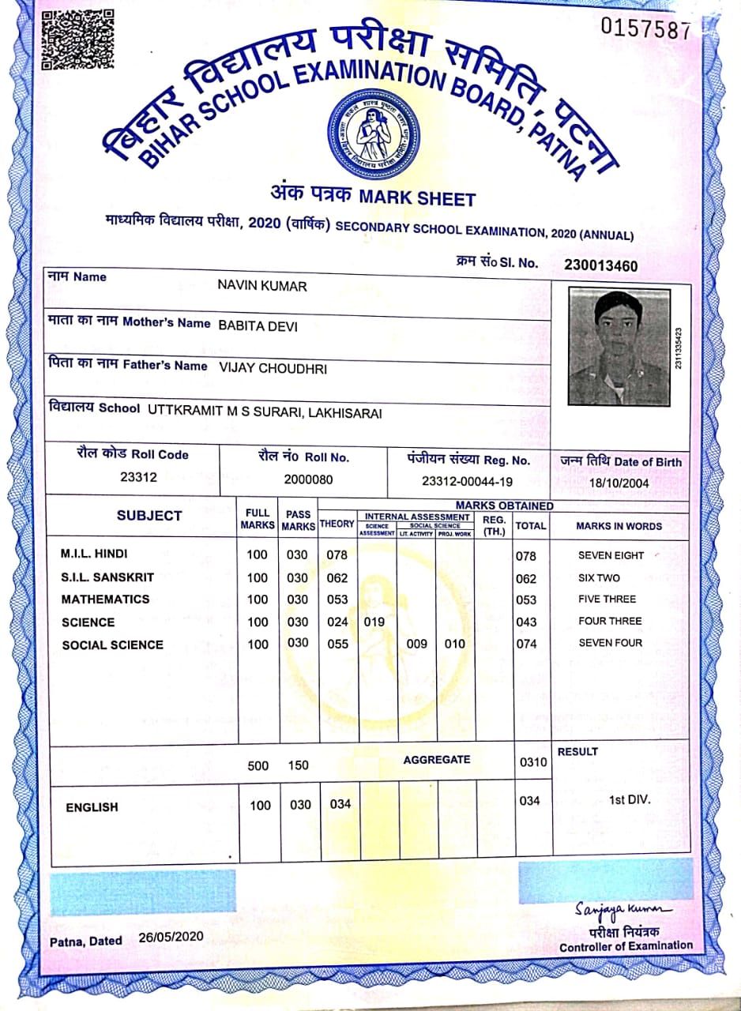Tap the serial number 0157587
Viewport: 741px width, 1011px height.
click(x=645, y=29)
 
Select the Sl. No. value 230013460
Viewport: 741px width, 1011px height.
click(x=601, y=265)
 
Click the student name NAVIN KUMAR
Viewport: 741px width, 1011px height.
click(x=261, y=286)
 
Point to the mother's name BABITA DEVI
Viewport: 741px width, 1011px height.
click(x=258, y=325)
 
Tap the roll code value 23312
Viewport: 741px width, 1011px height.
click(x=138, y=477)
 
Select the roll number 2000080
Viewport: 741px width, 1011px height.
click(x=308, y=479)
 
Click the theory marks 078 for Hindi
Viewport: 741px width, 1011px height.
click(x=337, y=554)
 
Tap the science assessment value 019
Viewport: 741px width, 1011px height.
click(x=374, y=622)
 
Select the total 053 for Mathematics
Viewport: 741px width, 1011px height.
click(x=525, y=599)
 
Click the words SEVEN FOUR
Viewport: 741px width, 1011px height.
click(x=611, y=643)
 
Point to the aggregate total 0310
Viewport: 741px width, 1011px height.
click(x=533, y=762)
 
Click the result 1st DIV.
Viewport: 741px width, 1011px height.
click(x=629, y=799)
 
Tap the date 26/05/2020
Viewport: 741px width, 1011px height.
click(x=171, y=937)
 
